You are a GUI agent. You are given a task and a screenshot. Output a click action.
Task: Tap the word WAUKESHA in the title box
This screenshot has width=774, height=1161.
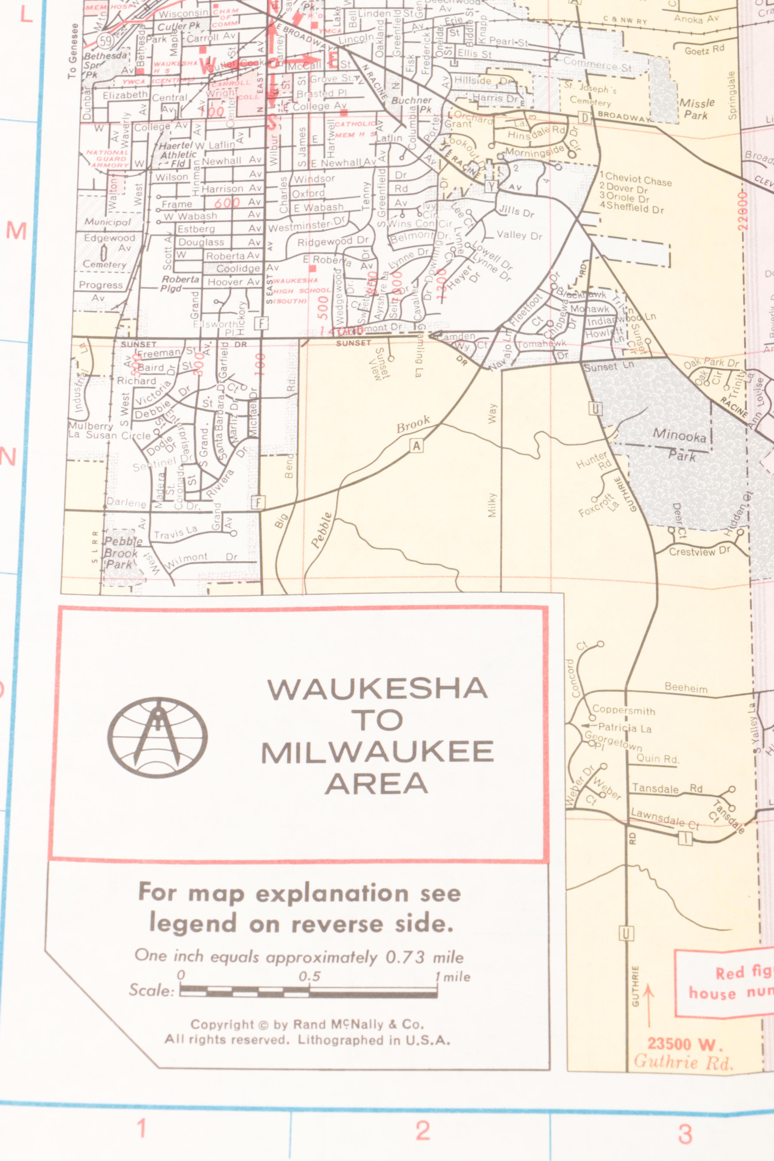click(378, 689)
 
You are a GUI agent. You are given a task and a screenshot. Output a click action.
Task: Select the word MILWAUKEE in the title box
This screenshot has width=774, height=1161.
click(378, 752)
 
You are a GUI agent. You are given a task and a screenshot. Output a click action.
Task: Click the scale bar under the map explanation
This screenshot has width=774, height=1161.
click(309, 991)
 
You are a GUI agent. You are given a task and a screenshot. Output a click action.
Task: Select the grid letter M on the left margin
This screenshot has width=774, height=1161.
click(16, 231)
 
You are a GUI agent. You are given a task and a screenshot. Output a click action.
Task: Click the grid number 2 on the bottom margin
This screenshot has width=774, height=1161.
click(423, 1130)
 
